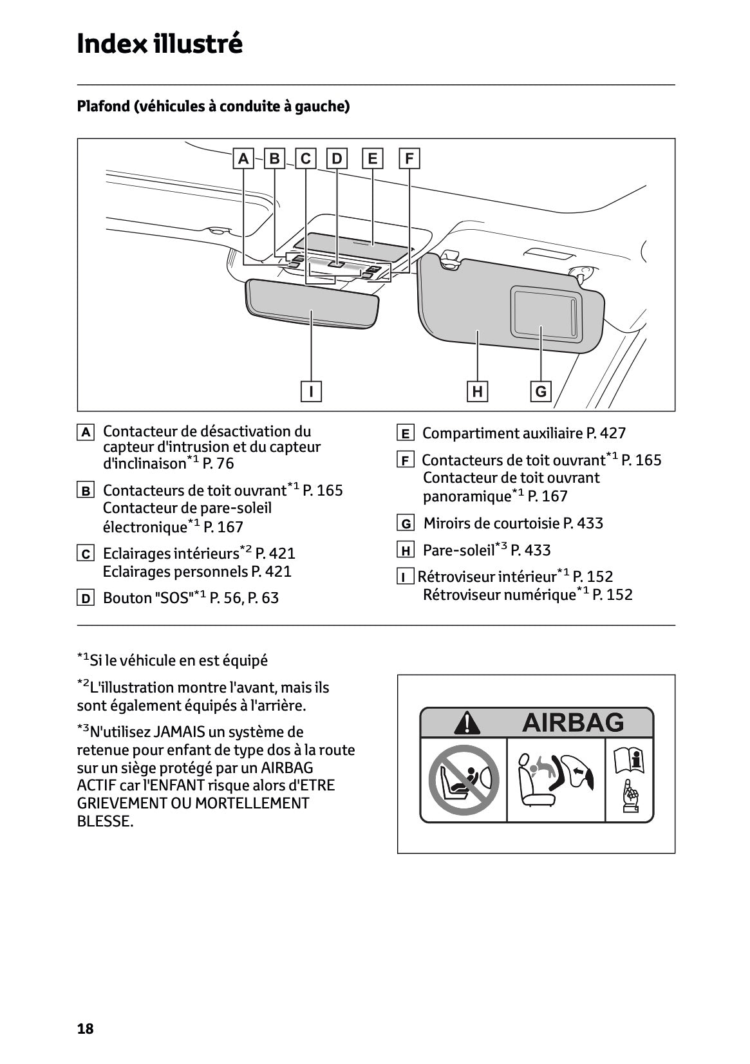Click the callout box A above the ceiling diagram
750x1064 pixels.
243,158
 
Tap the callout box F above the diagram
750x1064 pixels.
409,158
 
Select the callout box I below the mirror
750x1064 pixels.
312,391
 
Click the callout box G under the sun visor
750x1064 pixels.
541,391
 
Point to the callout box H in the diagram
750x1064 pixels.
477,391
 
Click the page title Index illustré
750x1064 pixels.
160,44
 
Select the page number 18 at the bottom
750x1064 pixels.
85,1029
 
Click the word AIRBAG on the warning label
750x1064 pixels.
573,722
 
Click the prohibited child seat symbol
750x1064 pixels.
464,779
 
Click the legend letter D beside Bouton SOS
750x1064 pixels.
85,599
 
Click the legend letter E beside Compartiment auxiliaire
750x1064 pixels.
405,434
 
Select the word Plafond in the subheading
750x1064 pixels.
103,106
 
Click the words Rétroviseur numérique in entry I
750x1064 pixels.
499,595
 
